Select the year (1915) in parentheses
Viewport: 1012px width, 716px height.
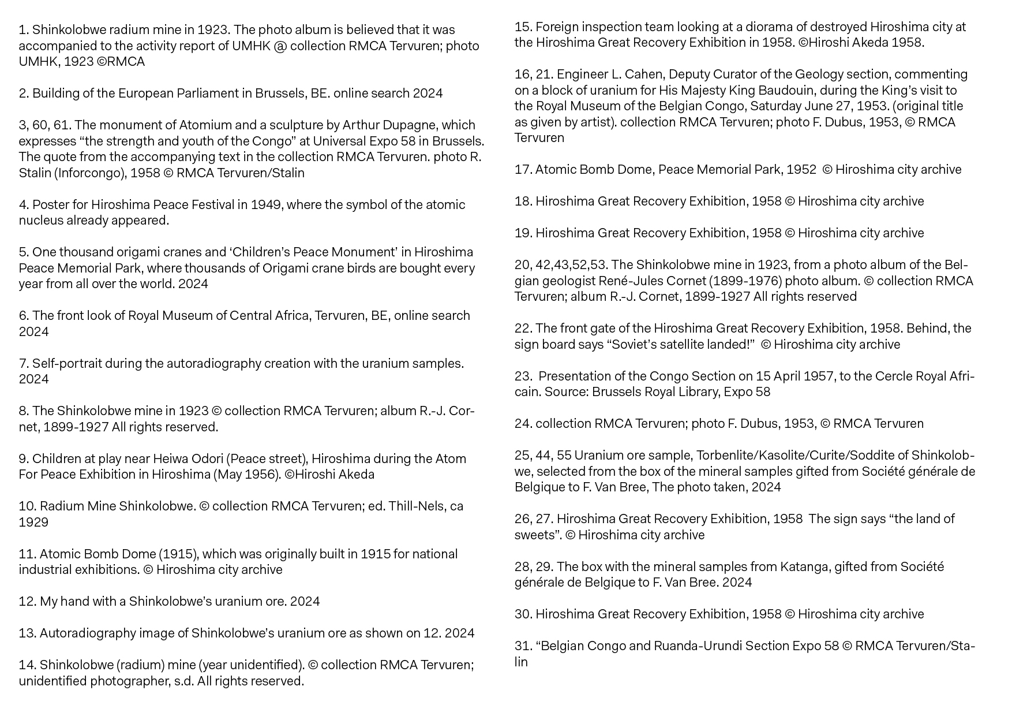pyautogui.click(x=178, y=554)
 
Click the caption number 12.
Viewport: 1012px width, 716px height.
pyautogui.click(x=27, y=602)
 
